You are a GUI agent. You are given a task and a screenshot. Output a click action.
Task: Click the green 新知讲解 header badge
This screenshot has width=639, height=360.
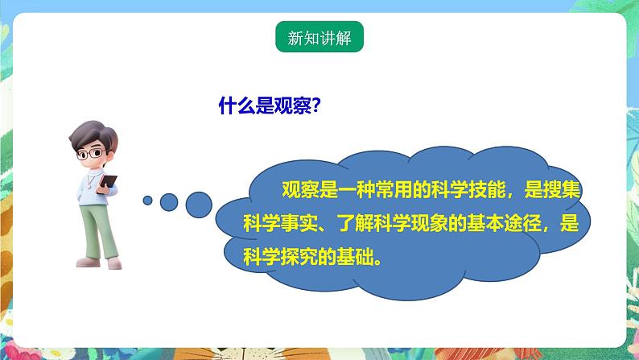click(x=319, y=38)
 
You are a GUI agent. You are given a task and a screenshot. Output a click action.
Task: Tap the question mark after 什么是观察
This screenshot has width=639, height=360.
click(x=317, y=106)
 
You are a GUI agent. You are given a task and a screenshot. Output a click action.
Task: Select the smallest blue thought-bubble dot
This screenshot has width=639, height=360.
click(x=147, y=200)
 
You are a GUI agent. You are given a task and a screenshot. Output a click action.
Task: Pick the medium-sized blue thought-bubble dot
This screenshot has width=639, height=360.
click(x=168, y=201)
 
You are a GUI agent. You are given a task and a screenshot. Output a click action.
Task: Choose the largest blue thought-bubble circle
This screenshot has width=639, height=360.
click(x=199, y=203)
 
